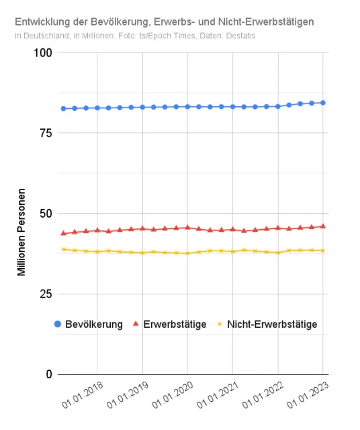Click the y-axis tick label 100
42,52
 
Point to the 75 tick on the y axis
46,133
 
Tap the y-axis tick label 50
46,214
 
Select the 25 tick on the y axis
46,294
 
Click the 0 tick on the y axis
49,374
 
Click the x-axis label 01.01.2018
82,394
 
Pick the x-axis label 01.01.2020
173,394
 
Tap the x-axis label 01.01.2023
308,394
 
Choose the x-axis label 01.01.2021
218,394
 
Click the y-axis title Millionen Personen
21,232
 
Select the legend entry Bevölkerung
89,324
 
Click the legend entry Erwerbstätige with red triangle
169,324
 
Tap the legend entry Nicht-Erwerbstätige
267,324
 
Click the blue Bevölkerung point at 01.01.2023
323,103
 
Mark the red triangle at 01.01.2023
323,226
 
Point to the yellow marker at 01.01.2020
187,253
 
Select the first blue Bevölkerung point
63,109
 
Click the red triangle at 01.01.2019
142,228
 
